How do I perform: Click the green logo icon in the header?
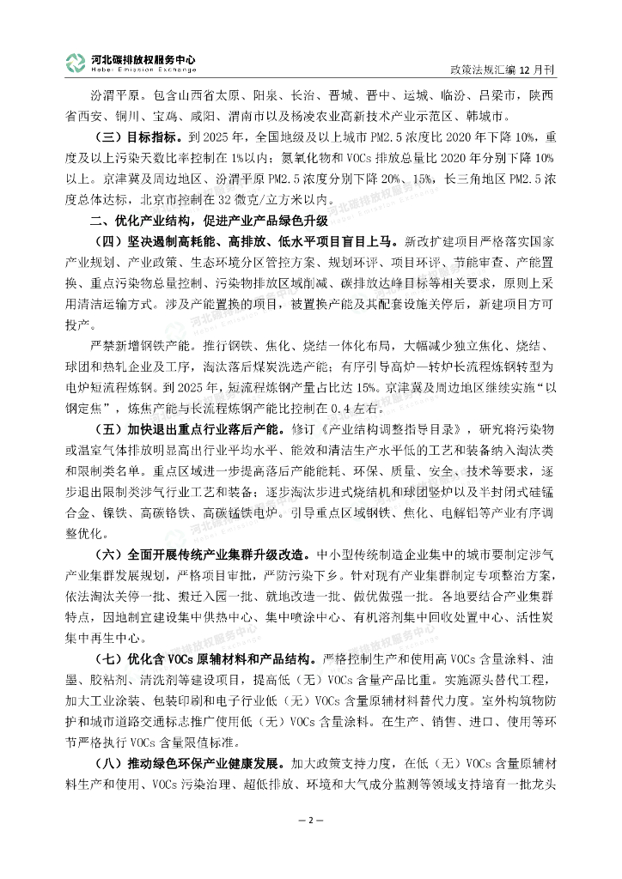tap(76, 62)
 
